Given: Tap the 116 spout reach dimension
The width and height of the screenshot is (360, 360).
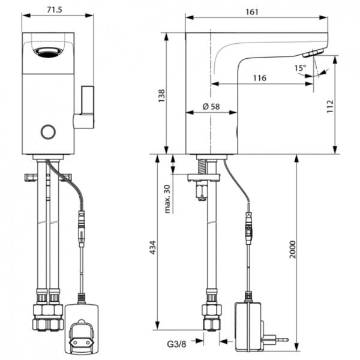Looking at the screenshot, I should (259, 78).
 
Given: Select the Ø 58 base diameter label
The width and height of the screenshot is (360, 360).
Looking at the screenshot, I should (211, 106).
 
